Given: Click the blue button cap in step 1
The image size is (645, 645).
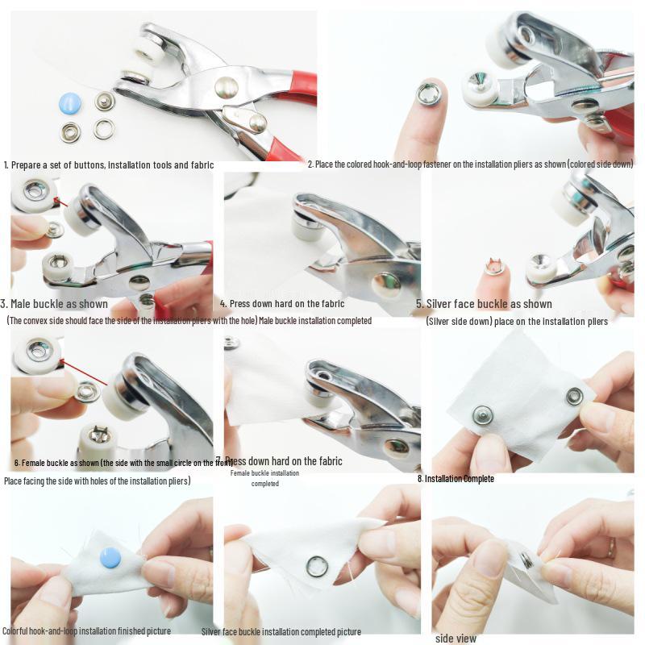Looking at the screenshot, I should click(70, 103).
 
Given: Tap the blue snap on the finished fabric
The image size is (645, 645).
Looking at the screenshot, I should click(110, 557).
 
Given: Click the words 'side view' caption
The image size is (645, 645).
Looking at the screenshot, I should click(456, 638).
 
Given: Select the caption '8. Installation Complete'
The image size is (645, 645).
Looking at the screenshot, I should click(456, 478).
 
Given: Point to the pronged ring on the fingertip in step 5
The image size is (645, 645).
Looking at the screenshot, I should click(495, 266).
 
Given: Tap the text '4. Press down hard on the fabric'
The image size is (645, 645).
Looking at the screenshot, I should click(282, 304).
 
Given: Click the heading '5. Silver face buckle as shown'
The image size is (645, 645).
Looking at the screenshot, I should click(484, 304).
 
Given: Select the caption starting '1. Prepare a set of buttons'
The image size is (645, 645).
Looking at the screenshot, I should click(109, 164).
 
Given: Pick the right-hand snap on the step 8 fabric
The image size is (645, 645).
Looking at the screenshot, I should click(574, 396).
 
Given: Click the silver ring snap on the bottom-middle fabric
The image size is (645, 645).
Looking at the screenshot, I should click(317, 567).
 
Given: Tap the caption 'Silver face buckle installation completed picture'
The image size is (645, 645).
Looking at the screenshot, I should click(281, 631).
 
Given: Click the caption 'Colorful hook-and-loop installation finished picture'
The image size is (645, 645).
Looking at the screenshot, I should click(86, 630).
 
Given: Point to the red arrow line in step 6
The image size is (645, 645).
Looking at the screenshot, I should click(85, 372).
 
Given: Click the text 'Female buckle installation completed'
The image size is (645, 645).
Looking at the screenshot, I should click(264, 478).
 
